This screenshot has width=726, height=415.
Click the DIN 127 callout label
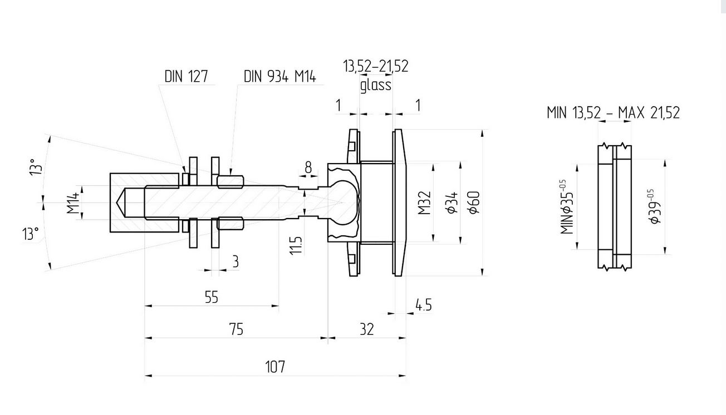186,76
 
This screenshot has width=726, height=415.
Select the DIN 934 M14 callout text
279,76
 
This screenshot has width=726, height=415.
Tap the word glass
376,86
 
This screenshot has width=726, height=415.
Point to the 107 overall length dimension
275,367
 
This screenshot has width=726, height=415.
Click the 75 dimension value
236,329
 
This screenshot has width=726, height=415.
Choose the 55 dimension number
212,297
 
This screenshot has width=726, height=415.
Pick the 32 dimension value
366,329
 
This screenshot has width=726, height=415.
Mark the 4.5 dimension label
424,305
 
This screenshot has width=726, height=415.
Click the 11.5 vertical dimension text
296,245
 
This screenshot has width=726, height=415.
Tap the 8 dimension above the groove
308,167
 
